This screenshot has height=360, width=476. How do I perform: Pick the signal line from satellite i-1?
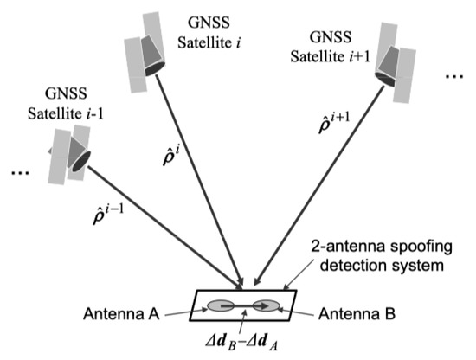(x=164, y=225)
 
